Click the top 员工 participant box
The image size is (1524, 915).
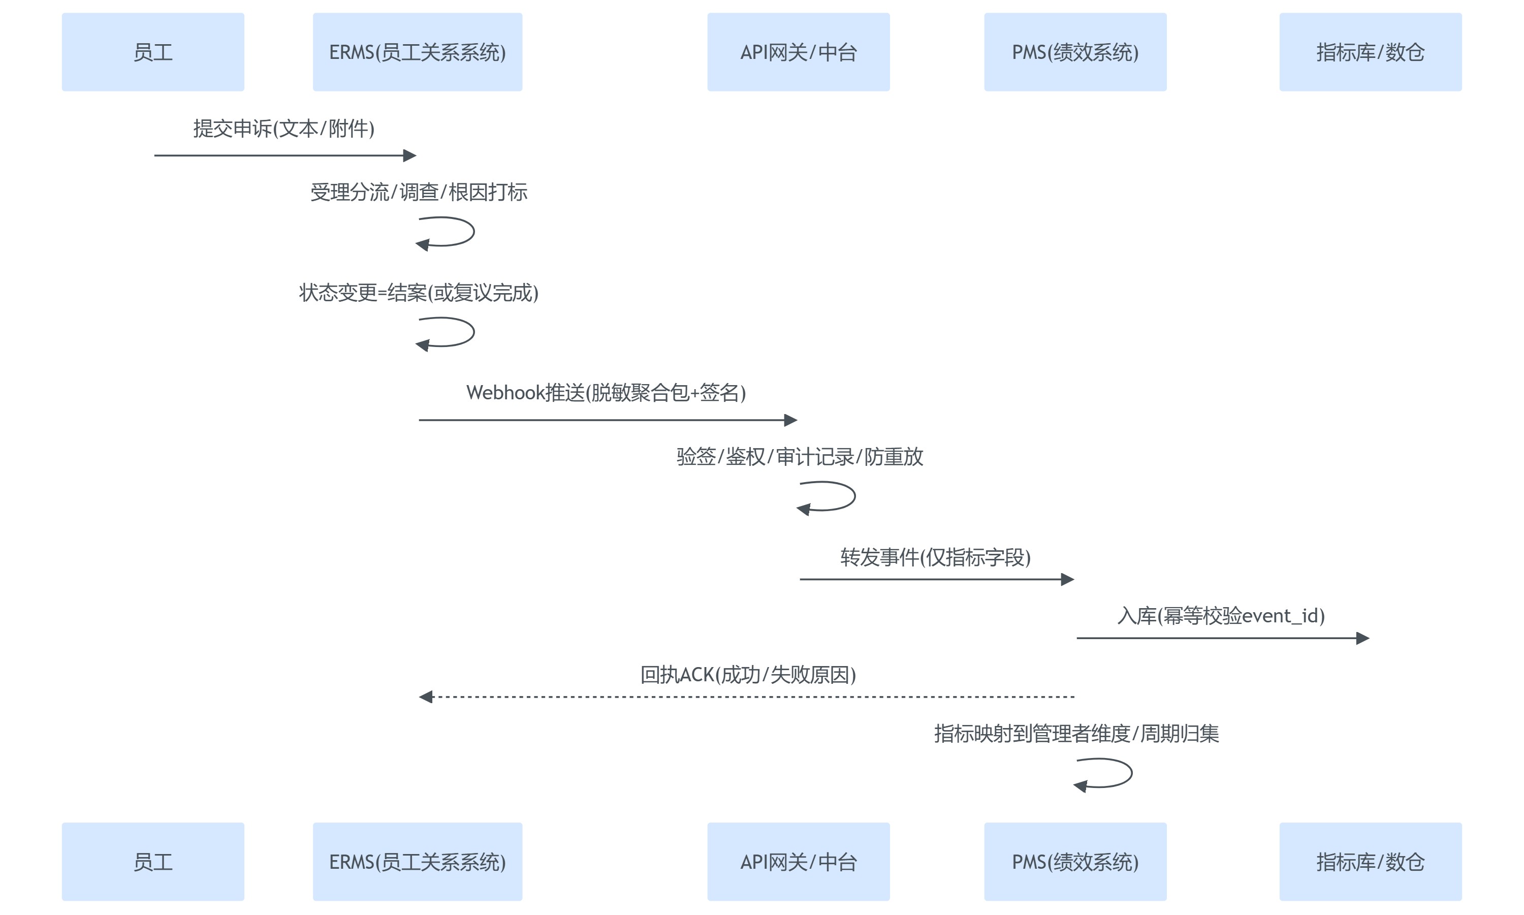[153, 52]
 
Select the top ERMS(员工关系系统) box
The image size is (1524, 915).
[418, 52]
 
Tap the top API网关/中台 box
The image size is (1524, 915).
[799, 52]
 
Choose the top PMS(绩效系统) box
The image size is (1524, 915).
[1075, 52]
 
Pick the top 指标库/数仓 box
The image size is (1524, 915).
[1371, 52]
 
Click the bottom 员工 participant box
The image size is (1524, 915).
[153, 861]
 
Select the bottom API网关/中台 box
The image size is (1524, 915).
[799, 861]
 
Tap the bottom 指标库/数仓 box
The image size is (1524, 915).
[1371, 861]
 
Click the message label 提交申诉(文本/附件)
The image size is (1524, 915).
[283, 128]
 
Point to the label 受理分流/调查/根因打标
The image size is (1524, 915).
[419, 192]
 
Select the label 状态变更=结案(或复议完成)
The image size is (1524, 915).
[419, 292]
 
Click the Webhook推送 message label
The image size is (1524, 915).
[606, 393]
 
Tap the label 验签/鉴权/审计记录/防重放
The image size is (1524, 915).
[800, 456]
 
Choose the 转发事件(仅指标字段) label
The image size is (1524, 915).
[935, 557]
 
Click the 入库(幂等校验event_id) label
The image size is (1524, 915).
[1221, 615]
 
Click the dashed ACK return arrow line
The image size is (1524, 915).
[748, 697]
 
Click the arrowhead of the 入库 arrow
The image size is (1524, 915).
[1362, 638]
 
